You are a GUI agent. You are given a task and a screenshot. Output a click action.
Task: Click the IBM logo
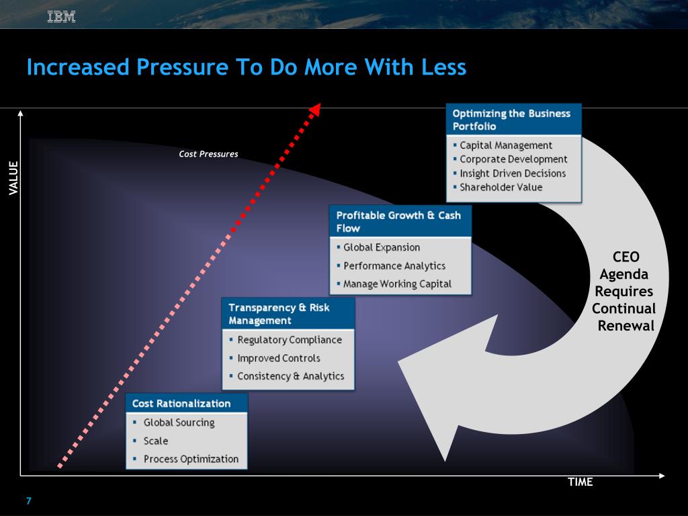click(61, 17)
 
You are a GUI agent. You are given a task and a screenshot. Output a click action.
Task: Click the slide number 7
click(29, 501)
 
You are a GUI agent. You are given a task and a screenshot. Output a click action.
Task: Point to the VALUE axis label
click(13, 177)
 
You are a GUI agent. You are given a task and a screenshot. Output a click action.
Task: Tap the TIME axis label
click(580, 482)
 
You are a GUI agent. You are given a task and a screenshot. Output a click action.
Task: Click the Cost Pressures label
click(208, 154)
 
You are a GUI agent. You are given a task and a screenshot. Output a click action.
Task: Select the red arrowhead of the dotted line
click(315, 110)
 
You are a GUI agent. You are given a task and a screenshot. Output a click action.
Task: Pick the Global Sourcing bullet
click(179, 423)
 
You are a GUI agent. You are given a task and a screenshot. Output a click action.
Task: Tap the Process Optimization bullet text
click(191, 459)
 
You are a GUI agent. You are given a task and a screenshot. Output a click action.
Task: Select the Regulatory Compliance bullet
click(289, 340)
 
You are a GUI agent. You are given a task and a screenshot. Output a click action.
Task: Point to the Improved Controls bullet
click(279, 358)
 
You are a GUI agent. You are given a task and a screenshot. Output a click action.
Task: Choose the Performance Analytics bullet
click(394, 266)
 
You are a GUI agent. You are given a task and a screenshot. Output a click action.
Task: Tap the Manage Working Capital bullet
click(397, 284)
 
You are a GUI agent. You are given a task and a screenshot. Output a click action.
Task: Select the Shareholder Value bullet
click(501, 187)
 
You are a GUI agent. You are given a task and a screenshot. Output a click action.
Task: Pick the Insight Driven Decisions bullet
click(513, 173)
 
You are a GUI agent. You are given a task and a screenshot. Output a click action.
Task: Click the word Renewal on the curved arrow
click(626, 326)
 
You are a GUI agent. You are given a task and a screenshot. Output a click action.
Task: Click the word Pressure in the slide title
click(182, 67)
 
